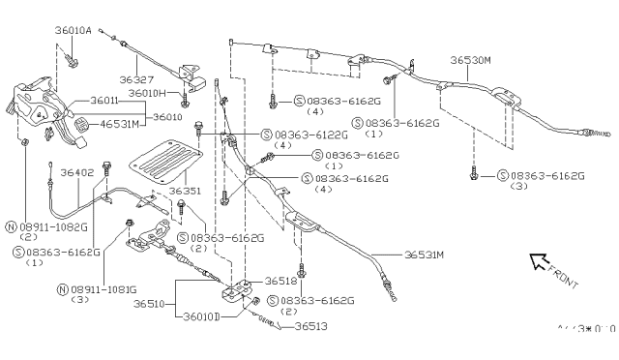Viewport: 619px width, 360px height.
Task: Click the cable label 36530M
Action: (473, 59)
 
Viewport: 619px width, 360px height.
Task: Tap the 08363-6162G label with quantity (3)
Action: (541, 175)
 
